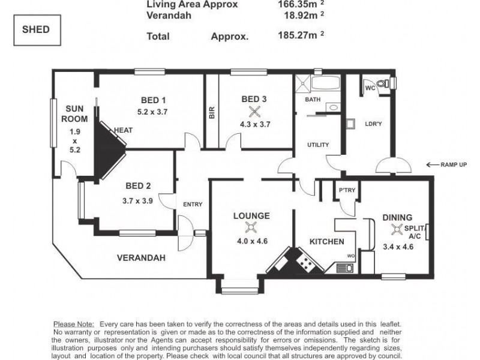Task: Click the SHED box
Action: (37, 30)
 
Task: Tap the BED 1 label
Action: (153, 100)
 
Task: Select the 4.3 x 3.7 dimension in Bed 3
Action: (255, 124)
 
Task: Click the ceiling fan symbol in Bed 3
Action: (254, 112)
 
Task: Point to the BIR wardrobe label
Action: (212, 113)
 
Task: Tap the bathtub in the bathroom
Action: (326, 83)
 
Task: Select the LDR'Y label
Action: (373, 124)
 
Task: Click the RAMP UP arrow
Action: (432, 164)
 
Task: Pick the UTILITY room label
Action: (318, 145)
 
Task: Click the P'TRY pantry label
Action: (347, 190)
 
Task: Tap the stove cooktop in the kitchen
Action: (305, 262)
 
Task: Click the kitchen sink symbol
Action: (344, 268)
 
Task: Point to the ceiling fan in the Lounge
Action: (251, 227)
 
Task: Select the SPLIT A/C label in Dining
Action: (415, 232)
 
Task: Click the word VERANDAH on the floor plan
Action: (141, 258)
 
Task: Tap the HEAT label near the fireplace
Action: (124, 130)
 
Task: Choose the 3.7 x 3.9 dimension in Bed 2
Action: (138, 201)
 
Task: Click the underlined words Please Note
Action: (74, 324)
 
